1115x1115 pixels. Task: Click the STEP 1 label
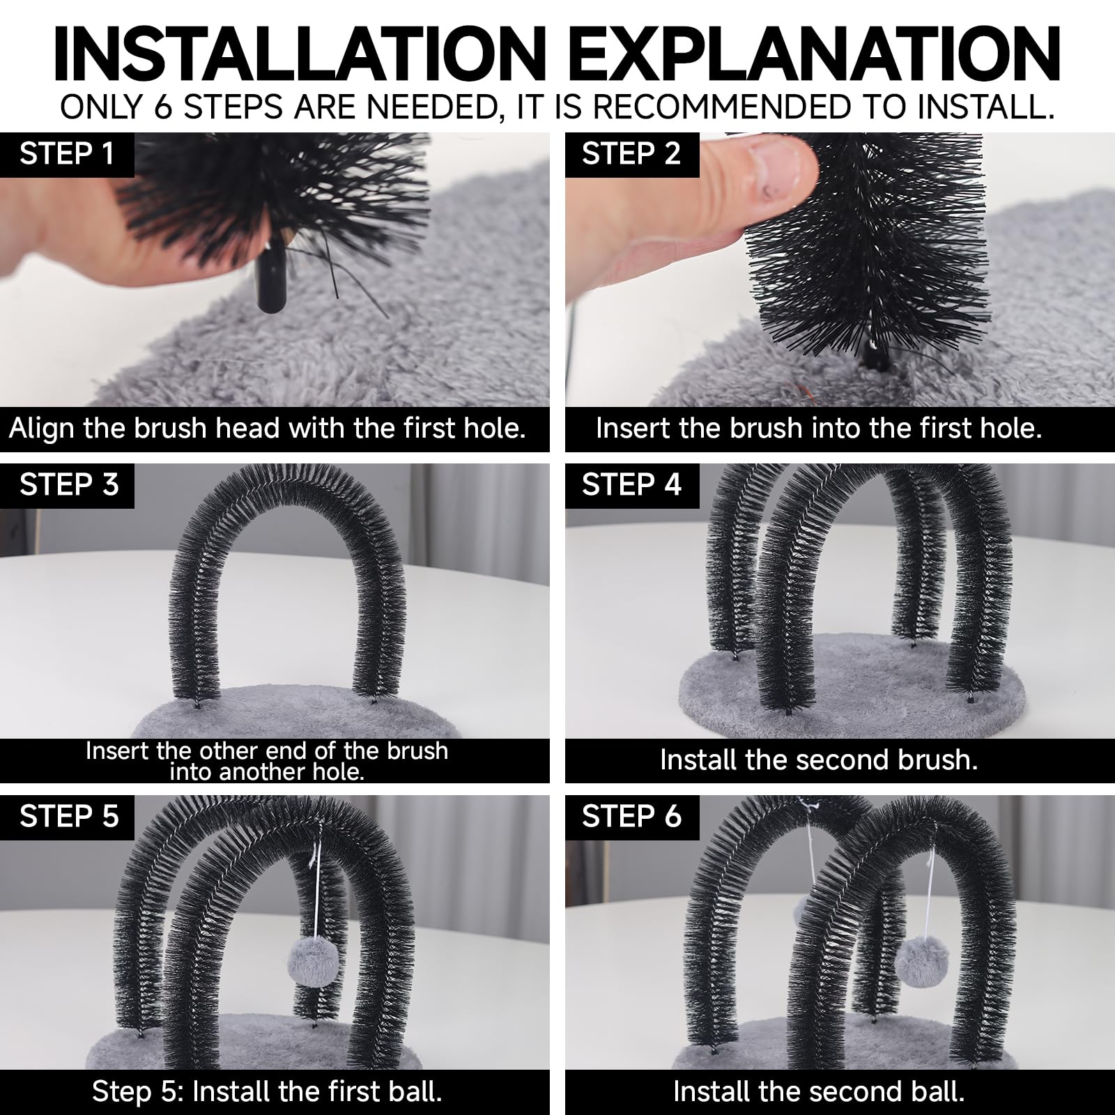67,154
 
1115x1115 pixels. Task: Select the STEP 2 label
631,154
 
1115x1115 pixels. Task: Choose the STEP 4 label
631,485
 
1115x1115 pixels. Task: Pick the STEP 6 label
631,817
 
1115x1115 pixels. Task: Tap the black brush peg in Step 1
270,284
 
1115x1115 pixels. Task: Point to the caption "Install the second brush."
819,760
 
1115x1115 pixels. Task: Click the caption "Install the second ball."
819,1091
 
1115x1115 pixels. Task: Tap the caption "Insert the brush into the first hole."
819,428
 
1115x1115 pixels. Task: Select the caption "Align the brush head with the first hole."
268,428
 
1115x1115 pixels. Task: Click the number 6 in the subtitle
162,107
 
